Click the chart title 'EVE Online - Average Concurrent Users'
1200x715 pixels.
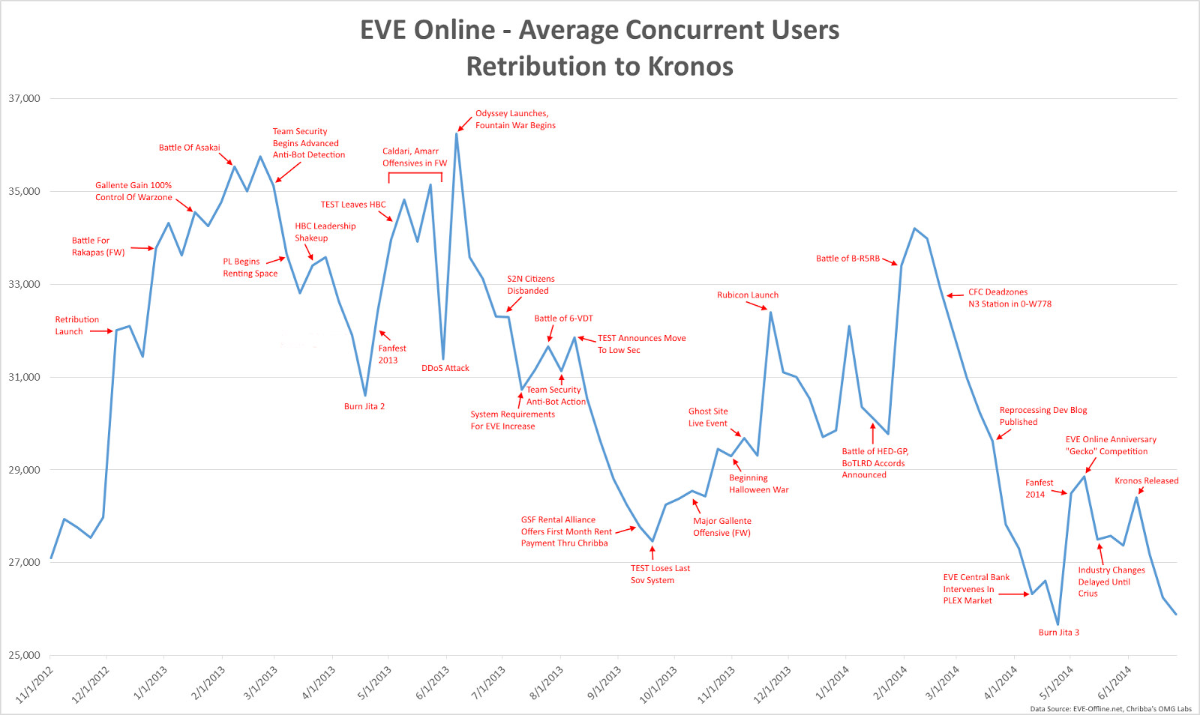coord(599,30)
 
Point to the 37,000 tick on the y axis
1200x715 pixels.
coord(24,99)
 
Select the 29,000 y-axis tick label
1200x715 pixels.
coord(24,470)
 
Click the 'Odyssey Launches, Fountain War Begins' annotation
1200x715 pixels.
coord(515,120)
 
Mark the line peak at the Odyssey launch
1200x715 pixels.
coord(457,134)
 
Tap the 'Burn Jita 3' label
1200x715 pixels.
coord(1058,633)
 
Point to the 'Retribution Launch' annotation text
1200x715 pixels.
coord(76,325)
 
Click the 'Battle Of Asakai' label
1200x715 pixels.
coord(189,148)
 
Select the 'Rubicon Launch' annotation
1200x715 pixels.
coord(747,295)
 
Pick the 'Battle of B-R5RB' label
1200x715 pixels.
coord(847,259)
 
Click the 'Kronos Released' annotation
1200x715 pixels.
coord(1146,481)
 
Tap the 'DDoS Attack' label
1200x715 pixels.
coord(445,368)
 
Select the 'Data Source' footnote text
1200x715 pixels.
coord(1110,708)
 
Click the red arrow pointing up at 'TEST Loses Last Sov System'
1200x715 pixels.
coord(652,553)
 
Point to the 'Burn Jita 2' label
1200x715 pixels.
coord(364,406)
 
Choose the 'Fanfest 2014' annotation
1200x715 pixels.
coord(1039,489)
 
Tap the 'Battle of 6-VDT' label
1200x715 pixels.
coord(563,319)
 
